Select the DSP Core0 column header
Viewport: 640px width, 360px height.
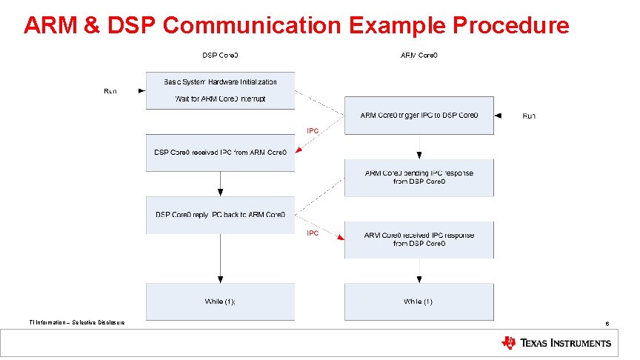pos(220,56)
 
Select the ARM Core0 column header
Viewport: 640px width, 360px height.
pos(419,56)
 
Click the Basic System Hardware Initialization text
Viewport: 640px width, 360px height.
pos(220,81)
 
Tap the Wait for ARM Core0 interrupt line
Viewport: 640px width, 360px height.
pos(220,99)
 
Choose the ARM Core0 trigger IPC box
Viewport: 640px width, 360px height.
pos(419,116)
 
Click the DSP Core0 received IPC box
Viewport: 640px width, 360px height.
pos(220,153)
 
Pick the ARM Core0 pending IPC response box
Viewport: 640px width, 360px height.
pos(419,177)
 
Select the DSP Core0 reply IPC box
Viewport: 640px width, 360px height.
pos(220,215)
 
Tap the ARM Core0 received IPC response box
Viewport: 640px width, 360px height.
pos(419,239)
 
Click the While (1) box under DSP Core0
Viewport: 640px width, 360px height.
pos(220,301)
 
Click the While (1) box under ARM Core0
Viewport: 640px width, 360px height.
pos(419,301)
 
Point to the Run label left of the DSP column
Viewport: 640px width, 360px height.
pos(110,91)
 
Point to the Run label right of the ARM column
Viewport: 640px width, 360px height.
pos(529,116)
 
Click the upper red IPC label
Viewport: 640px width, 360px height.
pos(313,131)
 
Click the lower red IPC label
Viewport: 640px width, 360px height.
pos(313,233)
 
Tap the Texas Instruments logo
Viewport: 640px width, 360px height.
pos(556,343)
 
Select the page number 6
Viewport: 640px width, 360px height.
pos(607,323)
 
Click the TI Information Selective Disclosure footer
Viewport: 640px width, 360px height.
pos(76,322)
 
